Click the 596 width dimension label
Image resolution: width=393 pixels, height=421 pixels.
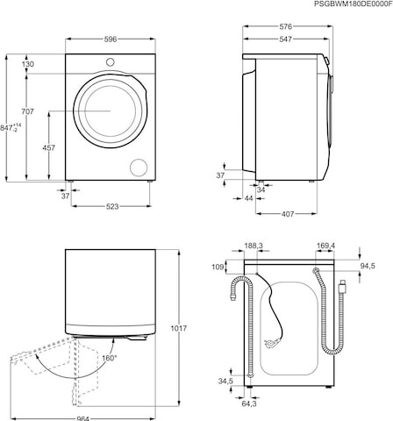(111, 39)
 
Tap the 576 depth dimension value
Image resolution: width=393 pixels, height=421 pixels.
(285, 26)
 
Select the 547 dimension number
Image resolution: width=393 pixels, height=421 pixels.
(285, 39)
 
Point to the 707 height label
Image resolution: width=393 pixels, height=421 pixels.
(27, 111)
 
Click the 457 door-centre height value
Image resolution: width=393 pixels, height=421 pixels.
(49, 148)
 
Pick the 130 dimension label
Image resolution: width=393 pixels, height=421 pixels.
(28, 64)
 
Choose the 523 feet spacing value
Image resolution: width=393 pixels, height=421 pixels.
(112, 207)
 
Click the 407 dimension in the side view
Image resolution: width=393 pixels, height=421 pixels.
(288, 214)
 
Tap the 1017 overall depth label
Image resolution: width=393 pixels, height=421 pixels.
(178, 329)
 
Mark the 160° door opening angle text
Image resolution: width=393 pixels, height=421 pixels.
(110, 358)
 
